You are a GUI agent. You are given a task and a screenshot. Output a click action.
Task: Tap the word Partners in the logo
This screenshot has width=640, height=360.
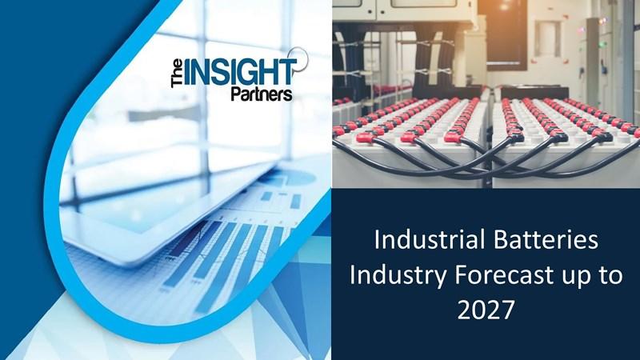[x=262, y=94]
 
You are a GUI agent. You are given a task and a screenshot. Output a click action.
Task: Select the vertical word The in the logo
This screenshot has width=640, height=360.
[x=177, y=74]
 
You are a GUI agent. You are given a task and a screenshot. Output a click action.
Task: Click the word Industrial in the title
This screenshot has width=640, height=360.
[x=424, y=239]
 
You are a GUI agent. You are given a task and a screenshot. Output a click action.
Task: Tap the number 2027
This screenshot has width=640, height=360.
[x=486, y=310]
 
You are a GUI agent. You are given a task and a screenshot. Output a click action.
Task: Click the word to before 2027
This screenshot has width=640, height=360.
[x=610, y=275]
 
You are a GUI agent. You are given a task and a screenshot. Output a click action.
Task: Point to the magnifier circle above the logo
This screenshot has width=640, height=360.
[x=298, y=58]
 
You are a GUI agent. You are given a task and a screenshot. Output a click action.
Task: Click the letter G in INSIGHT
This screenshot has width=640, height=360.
[x=251, y=73]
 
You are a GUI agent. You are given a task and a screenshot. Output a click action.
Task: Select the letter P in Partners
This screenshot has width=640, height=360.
[x=236, y=94]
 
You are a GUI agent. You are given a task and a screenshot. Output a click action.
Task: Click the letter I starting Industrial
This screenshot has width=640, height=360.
[x=377, y=240]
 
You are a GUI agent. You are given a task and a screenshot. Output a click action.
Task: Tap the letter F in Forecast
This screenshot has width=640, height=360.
[x=460, y=276]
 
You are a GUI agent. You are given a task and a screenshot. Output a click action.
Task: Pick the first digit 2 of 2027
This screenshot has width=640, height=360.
[x=464, y=310]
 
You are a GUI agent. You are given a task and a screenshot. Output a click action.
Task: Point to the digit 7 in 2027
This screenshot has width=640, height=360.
[x=507, y=310]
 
